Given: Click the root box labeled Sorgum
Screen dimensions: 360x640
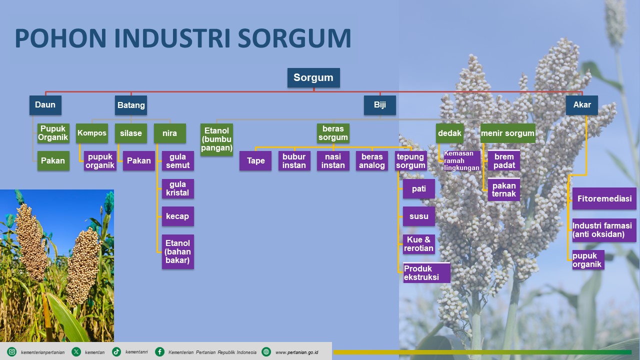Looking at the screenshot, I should pyautogui.click(x=313, y=77).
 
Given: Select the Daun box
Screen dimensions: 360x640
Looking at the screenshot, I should pyautogui.click(x=45, y=105).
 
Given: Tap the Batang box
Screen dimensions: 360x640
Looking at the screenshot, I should pyautogui.click(x=131, y=105).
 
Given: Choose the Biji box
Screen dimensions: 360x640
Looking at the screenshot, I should pyautogui.click(x=380, y=105).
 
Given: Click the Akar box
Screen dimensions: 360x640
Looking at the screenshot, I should pyautogui.click(x=581, y=105).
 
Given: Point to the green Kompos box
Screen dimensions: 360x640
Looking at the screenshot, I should pyautogui.click(x=92, y=133).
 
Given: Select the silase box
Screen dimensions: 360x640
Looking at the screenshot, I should pyautogui.click(x=130, y=133).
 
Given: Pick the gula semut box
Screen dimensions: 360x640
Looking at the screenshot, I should pyautogui.click(x=177, y=161).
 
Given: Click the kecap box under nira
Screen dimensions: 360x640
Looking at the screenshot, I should pyautogui.click(x=177, y=216).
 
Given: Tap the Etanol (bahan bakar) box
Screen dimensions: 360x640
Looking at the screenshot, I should pyautogui.click(x=177, y=251).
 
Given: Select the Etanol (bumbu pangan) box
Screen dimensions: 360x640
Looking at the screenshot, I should pyautogui.click(x=216, y=139).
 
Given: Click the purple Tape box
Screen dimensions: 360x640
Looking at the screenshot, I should pyautogui.click(x=255, y=161).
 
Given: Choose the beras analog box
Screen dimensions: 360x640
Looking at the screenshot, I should pyautogui.click(x=372, y=161).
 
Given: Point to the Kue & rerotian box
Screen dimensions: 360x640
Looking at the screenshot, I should pyautogui.click(x=419, y=244).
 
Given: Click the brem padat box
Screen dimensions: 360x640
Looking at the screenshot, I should pyautogui.click(x=504, y=160).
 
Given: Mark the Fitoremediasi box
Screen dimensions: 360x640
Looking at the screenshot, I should pyautogui.click(x=604, y=198).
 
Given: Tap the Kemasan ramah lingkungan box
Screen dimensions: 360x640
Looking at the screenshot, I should pyautogui.click(x=461, y=161).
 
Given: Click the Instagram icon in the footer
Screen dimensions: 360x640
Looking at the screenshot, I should pyautogui.click(x=12, y=352).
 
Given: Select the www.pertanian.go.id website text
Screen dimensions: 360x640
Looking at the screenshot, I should pyautogui.click(x=297, y=352).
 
